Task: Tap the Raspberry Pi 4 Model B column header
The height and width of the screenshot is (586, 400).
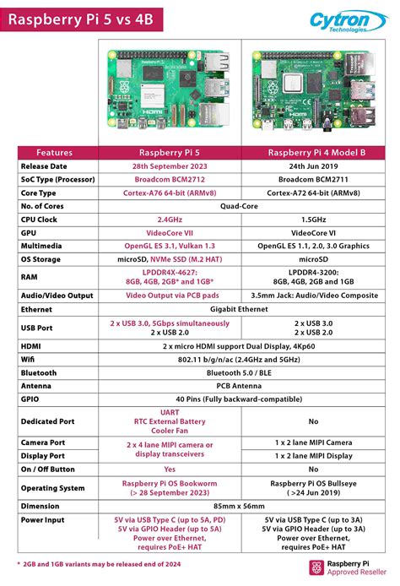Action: point(313,153)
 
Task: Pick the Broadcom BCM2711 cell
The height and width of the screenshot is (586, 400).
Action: point(313,180)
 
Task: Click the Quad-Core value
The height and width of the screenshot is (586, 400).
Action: point(243,206)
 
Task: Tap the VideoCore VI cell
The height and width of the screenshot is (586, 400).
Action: point(313,232)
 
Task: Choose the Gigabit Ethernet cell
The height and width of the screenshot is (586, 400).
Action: point(243,310)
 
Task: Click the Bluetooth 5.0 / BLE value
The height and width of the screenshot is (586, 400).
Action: point(243,372)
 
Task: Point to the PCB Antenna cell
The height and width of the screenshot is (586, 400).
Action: point(243,386)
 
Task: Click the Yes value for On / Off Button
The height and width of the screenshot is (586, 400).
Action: point(170,469)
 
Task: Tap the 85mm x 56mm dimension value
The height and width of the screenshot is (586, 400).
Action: point(243,507)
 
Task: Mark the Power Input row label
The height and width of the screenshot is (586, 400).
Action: point(44,520)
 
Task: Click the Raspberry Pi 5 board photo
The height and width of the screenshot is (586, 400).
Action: point(169,88)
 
